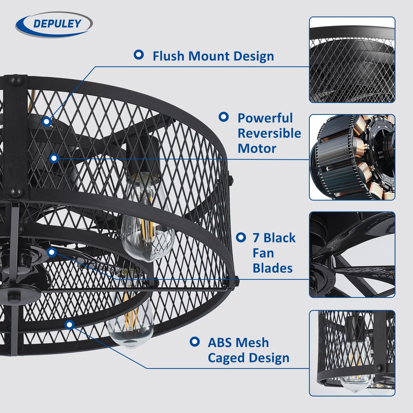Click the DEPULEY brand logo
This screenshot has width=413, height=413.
(54, 24)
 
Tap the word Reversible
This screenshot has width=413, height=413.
(269, 133)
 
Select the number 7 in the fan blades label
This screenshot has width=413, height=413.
(256, 238)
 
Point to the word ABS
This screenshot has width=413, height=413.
(219, 343)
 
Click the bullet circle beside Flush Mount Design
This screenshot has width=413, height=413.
(139, 55)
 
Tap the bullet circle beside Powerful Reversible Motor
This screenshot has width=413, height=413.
(224, 117)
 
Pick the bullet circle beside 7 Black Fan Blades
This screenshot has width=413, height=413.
(241, 237)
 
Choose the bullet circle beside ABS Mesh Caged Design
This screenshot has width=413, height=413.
(195, 342)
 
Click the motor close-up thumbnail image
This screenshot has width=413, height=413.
(352, 157)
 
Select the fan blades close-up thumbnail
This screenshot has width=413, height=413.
(352, 255)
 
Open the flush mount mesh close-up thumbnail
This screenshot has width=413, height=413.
(352, 60)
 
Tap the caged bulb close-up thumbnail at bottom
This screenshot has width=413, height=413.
(352, 353)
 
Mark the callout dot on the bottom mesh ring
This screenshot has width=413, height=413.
(70, 325)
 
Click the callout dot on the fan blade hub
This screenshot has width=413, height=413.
(52, 252)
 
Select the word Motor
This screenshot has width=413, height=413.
(257, 149)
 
